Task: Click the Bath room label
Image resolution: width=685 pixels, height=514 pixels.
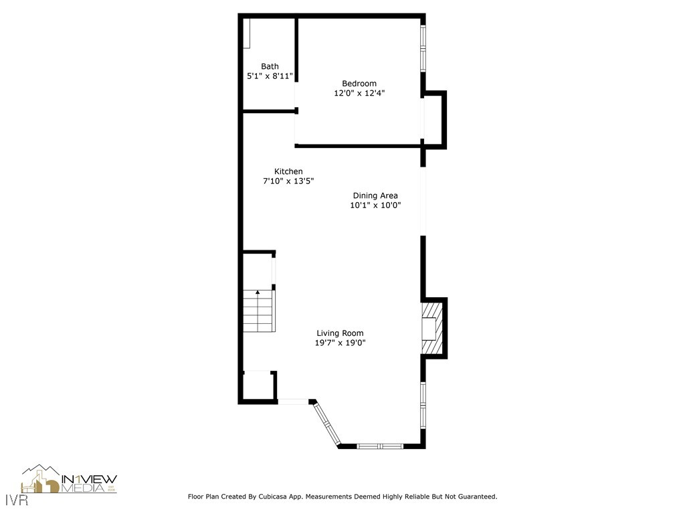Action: (x=270, y=66)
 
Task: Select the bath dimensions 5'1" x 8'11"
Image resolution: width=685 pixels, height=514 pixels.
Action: (x=270, y=76)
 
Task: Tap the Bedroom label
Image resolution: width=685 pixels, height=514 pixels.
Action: (x=359, y=84)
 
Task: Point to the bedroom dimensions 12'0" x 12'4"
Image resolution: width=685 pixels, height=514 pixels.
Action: (x=359, y=94)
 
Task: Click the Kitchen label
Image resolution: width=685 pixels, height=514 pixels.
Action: (x=288, y=171)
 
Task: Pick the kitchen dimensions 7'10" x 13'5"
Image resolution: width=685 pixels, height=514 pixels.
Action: (x=288, y=181)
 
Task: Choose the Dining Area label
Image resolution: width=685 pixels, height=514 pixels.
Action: (x=375, y=195)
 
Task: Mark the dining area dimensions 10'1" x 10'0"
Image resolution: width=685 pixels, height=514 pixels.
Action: (x=375, y=205)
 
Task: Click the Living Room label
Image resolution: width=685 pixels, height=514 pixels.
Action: (x=340, y=333)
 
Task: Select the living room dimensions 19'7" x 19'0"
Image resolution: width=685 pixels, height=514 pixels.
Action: (x=340, y=343)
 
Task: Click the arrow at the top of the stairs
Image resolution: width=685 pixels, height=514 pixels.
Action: (x=258, y=292)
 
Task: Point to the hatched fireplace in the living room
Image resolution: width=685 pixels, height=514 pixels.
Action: (x=431, y=329)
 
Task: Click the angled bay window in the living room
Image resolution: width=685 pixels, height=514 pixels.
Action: (x=327, y=424)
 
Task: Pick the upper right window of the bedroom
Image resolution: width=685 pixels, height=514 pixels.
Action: (x=423, y=49)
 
